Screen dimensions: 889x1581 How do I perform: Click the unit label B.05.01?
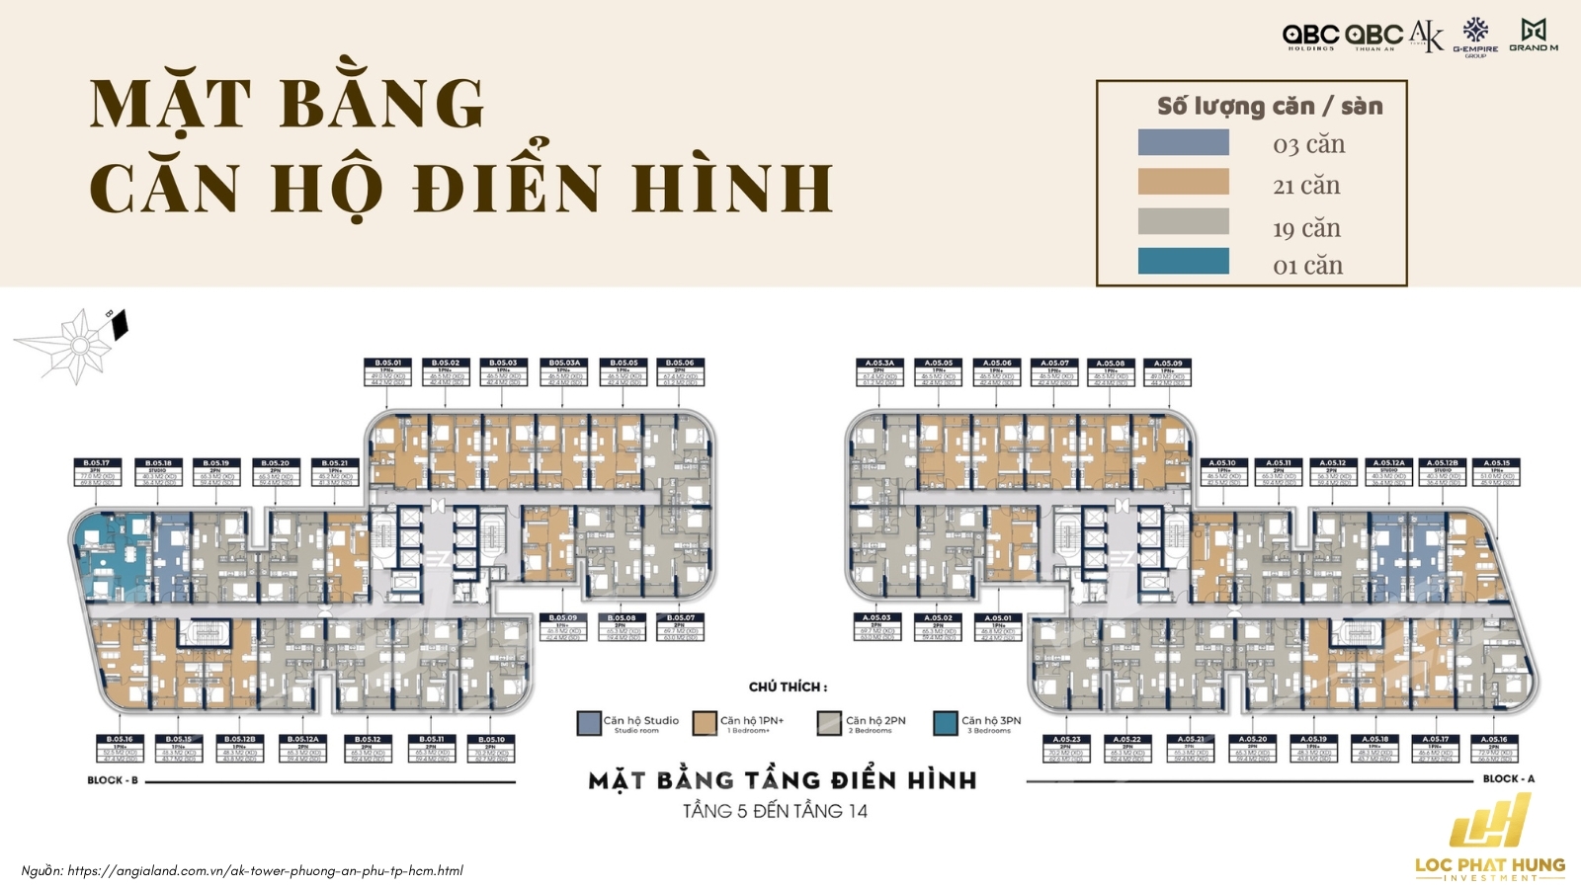click(386, 371)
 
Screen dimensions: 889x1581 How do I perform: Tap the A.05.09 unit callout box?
click(1168, 371)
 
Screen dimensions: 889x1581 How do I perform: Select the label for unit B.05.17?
click(96, 471)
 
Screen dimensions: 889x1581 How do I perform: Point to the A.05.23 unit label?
click(1066, 748)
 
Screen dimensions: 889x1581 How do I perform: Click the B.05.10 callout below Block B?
click(491, 748)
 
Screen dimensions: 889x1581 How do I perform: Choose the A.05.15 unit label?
click(1496, 471)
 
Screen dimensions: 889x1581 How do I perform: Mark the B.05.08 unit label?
click(621, 627)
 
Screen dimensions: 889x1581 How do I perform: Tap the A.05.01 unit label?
click(998, 627)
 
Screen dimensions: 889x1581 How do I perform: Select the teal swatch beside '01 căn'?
click(1183, 262)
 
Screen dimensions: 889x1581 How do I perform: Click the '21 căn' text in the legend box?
click(1306, 186)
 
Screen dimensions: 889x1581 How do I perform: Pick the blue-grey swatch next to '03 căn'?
click(1183, 143)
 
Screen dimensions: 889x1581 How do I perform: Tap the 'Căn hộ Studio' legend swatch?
click(589, 724)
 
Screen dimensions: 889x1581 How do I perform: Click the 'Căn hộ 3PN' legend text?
click(991, 721)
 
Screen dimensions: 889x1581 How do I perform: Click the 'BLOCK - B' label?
click(113, 780)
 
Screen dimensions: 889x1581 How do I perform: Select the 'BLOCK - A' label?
click(1509, 779)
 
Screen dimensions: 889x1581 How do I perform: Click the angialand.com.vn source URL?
click(265, 871)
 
